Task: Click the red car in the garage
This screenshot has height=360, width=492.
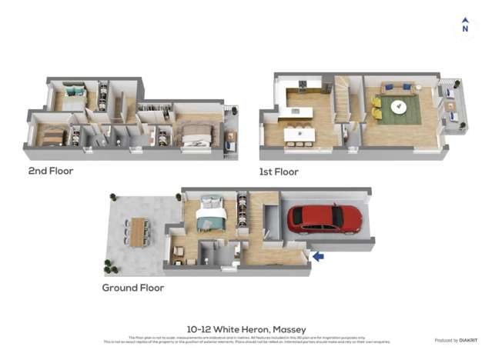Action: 324,218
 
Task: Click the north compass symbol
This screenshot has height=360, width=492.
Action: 464,26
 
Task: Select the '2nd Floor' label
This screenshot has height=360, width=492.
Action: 51,171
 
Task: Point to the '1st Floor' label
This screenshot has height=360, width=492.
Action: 279,172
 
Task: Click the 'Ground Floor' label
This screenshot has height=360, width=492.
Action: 133,288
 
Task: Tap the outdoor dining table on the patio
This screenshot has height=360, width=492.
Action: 139,232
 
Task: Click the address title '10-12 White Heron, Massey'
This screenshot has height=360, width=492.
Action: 246,329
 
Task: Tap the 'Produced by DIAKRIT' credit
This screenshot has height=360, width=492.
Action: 457,340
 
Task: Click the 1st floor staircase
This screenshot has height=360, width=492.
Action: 341,98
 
